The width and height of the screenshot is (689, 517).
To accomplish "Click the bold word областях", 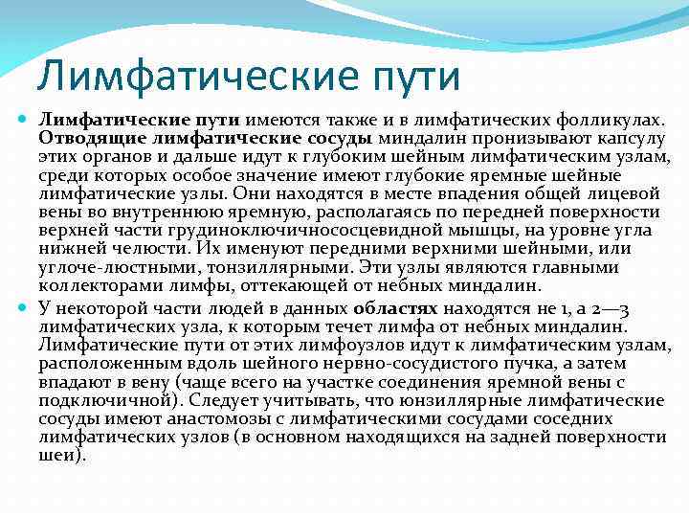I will click(x=394, y=309).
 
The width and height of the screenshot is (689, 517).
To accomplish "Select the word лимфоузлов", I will click(x=329, y=345).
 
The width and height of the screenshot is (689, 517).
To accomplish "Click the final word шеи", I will click(x=58, y=454).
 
